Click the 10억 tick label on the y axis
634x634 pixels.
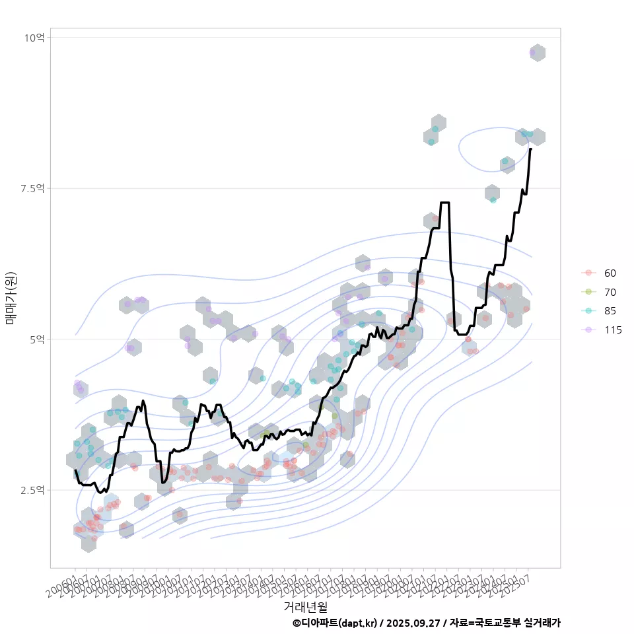34,38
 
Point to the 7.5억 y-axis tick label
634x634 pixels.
32,189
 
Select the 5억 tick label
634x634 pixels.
37,339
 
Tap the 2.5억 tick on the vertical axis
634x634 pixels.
32,490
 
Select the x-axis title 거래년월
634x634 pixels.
305,606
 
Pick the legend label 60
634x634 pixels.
610,273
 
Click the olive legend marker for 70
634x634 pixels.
588,292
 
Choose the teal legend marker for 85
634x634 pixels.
588,311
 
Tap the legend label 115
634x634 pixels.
612,330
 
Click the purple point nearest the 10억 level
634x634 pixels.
533,52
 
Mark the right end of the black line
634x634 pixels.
530,149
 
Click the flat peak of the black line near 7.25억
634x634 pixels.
444,203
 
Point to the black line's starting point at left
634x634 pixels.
75,471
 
